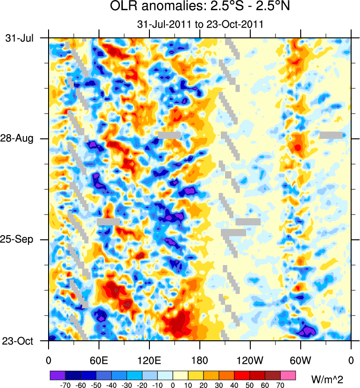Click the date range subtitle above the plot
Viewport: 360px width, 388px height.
[x=199, y=24]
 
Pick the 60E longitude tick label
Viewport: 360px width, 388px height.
[x=99, y=360]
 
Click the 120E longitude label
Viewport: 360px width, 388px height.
[x=149, y=360]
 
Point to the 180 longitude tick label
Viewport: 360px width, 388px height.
[x=199, y=360]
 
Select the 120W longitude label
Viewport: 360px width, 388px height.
[x=250, y=360]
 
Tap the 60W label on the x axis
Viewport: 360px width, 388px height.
[x=300, y=360]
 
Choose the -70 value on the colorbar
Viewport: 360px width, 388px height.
[x=65, y=385]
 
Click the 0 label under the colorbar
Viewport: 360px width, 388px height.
[x=173, y=385]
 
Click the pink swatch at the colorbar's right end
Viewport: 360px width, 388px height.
[x=289, y=375]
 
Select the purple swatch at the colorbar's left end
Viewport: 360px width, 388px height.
[x=57, y=375]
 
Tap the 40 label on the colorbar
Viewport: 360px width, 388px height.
[x=235, y=385]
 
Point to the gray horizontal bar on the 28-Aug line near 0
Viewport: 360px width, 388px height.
[x=331, y=135]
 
